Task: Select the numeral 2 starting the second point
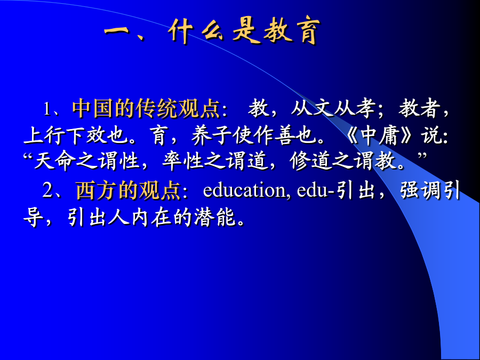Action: pos(48,190)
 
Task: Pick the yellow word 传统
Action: pos(156,108)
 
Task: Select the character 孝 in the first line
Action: pos(365,108)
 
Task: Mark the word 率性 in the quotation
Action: pos(183,161)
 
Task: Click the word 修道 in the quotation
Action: pos(310,161)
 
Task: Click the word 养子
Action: pos(212,135)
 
